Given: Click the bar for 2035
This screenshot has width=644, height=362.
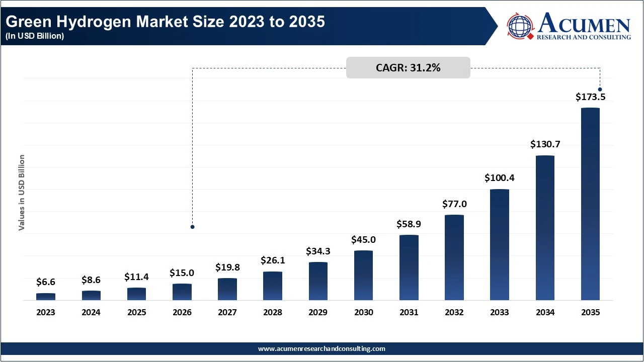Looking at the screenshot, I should (x=590, y=204).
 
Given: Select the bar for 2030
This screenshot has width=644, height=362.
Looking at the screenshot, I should (x=363, y=275).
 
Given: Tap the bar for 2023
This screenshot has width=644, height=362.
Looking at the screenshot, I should (x=46, y=297).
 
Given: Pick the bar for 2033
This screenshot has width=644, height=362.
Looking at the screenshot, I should (x=500, y=244).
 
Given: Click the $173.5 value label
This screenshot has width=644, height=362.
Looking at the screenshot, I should (x=590, y=97).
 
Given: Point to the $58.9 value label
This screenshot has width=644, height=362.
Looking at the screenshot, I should (x=409, y=224).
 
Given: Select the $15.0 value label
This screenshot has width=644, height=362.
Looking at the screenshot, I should (x=182, y=273).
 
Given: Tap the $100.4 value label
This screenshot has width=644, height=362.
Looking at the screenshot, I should (x=500, y=178).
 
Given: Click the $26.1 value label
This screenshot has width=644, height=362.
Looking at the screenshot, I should (x=273, y=260).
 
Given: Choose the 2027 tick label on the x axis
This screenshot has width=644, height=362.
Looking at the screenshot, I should (x=227, y=312).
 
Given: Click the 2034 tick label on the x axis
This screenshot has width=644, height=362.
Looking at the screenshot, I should (x=545, y=312).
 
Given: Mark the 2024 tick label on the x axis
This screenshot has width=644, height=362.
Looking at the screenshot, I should (x=91, y=312).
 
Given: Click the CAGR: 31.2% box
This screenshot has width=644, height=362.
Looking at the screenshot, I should (x=408, y=68).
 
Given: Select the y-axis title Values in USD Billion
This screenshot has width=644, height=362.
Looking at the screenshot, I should (x=22, y=193).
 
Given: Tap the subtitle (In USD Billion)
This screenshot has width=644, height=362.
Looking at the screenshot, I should (x=35, y=36).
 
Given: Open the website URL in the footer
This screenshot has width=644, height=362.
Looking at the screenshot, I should (x=321, y=348).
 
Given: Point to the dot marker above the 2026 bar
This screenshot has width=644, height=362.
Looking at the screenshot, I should (x=192, y=227).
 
